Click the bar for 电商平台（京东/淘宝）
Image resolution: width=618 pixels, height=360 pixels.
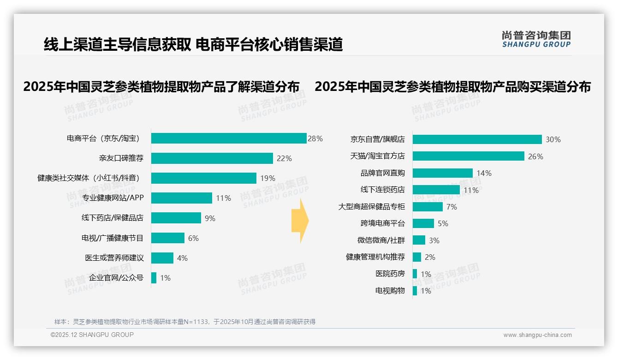229,138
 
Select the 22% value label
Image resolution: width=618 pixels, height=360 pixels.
284,158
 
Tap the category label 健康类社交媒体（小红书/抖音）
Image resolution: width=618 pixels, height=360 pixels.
89,178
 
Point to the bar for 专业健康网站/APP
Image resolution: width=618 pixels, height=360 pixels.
182,198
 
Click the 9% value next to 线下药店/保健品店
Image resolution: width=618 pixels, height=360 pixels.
210,218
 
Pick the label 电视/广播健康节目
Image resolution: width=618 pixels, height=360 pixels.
113,238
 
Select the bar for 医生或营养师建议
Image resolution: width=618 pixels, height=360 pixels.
162,258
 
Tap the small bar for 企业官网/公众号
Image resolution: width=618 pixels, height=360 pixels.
154,278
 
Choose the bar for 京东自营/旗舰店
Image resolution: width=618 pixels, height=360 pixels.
477,139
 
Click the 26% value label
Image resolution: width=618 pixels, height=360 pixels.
535,156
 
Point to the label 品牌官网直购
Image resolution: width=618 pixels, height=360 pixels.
382,173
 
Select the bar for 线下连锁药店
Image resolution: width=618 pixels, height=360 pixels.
436,190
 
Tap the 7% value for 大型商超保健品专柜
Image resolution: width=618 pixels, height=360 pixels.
452,207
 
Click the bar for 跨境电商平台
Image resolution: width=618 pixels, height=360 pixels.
423,223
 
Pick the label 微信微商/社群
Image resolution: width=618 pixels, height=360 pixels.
381,240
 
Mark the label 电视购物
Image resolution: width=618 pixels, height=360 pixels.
390,291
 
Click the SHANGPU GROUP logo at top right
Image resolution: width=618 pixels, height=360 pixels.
536,39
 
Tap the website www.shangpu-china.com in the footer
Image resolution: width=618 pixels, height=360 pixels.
537,335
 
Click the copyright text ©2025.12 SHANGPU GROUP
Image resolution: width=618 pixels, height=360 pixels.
92,335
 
